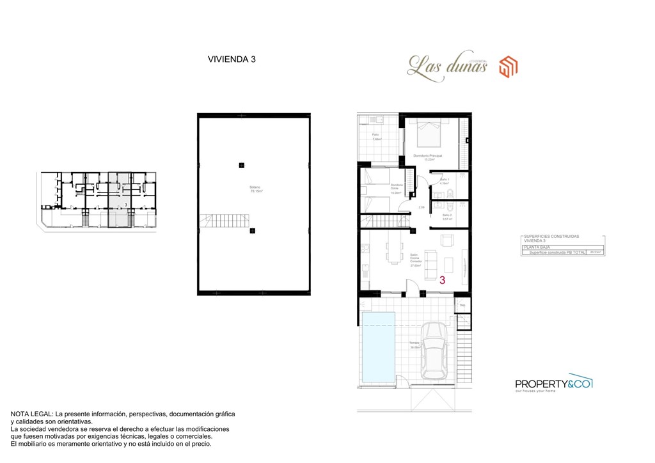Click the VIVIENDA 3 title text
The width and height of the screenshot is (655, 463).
(x=232, y=59)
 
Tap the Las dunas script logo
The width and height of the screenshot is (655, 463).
(x=447, y=66)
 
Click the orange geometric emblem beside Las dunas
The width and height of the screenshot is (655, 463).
(x=509, y=66)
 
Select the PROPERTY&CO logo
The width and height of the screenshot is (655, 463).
(x=554, y=384)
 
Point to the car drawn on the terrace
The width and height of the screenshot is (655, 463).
(x=434, y=350)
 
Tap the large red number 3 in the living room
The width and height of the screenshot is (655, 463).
(x=443, y=279)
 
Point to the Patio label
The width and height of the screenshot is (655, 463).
(x=375, y=135)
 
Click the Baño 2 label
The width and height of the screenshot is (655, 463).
(x=447, y=216)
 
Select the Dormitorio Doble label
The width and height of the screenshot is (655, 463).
(x=397, y=187)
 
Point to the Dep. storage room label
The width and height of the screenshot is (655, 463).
(x=462, y=305)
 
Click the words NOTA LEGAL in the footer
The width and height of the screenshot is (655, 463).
(x=31, y=414)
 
